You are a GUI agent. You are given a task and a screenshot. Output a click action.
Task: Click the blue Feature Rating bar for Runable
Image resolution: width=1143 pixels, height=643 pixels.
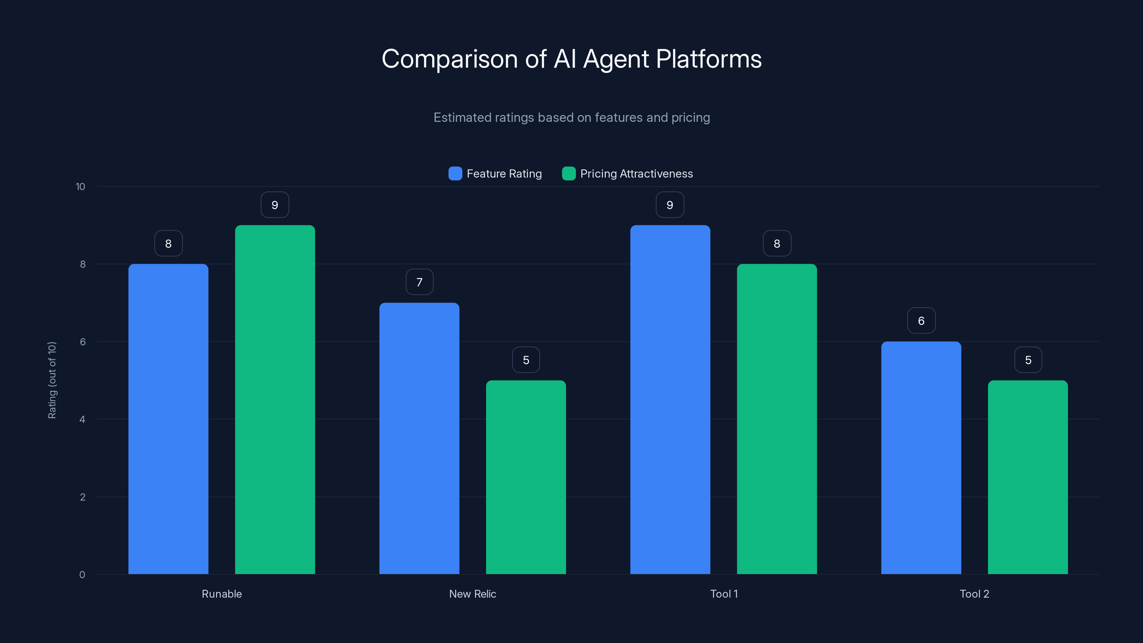[x=168, y=419]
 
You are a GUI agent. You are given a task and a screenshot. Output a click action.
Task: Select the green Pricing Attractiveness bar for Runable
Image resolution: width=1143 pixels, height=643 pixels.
[x=275, y=399]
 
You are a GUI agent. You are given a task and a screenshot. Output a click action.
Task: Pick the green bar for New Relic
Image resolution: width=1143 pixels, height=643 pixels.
[x=526, y=477]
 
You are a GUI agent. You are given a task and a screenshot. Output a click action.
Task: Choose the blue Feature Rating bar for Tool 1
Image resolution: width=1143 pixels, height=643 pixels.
[x=670, y=399]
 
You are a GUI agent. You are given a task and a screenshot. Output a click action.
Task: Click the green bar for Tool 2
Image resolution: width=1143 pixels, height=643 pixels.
[x=1028, y=477]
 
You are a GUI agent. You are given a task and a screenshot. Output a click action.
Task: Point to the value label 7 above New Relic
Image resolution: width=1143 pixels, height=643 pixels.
[x=419, y=282]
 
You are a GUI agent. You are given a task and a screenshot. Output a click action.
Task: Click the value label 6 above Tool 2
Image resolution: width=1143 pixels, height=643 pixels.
[x=921, y=321]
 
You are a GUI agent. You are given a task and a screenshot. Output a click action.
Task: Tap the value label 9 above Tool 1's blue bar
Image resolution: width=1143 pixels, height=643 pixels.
[x=670, y=205]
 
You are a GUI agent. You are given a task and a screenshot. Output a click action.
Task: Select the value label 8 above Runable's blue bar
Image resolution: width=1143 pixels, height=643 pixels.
[x=168, y=244]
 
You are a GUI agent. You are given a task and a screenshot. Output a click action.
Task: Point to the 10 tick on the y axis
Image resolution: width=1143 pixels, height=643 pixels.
[x=80, y=186]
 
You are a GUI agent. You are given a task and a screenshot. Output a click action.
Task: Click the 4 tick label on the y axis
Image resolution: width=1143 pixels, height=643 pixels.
[x=82, y=419]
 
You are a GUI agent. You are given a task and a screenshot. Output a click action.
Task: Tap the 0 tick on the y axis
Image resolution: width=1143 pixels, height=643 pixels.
[x=82, y=575]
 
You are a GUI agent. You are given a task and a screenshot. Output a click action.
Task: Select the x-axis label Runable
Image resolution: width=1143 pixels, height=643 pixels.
[x=222, y=594]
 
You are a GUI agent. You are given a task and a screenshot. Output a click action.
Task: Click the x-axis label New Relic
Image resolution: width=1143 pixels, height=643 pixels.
[x=473, y=594]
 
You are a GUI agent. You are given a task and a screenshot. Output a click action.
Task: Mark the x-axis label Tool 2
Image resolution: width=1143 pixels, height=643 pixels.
[x=974, y=594]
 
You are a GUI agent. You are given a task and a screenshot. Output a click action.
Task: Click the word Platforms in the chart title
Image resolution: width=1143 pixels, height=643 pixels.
[x=709, y=59]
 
